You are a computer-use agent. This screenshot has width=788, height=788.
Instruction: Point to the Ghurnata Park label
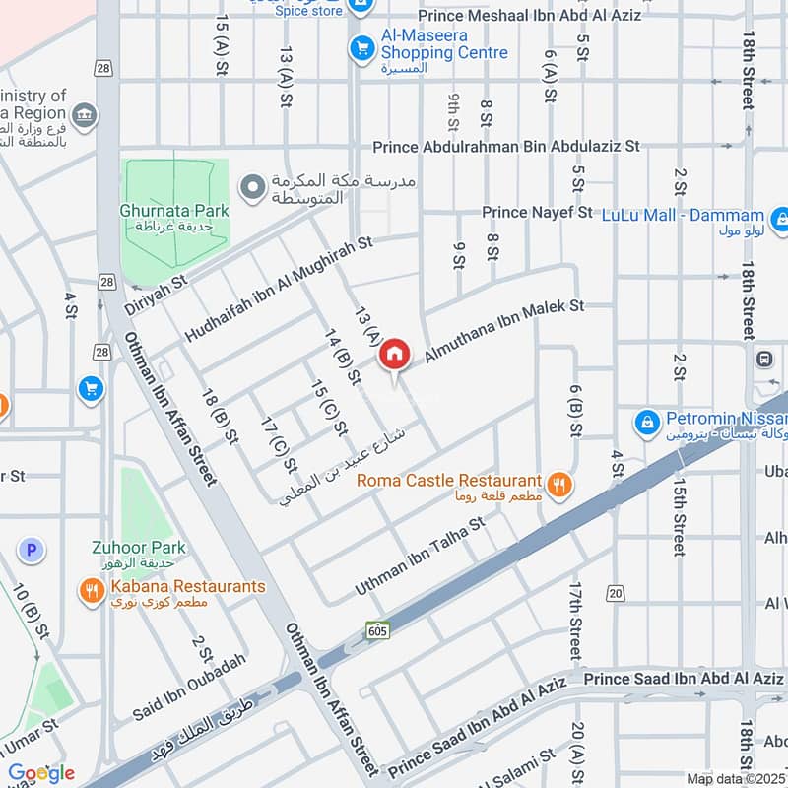click(x=174, y=211)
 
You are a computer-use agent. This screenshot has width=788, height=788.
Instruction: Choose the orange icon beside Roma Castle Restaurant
click(x=559, y=484)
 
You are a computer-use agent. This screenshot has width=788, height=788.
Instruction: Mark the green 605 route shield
click(x=379, y=629)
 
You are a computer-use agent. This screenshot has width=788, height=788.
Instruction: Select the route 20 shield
click(x=616, y=592)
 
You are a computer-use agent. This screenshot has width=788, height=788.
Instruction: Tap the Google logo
click(x=41, y=773)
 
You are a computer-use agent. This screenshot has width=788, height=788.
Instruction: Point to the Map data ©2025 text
click(x=736, y=778)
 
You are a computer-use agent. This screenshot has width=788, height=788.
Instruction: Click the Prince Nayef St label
click(x=536, y=212)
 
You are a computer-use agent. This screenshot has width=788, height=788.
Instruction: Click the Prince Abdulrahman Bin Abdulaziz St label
click(x=506, y=146)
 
